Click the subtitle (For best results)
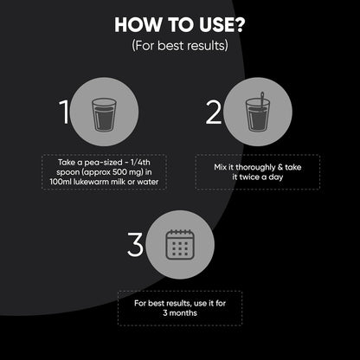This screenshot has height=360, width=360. coord(180,46)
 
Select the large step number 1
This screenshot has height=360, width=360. coord(64,112)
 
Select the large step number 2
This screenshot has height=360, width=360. coord(214,112)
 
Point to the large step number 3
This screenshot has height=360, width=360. coord(135,245)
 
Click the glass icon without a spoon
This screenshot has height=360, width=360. coord(104,115)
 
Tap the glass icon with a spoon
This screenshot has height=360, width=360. coord(257,112)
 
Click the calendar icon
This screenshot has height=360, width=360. coord(180,244)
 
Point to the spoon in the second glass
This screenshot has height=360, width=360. coord(262,101)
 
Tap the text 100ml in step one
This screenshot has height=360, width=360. coord(59,182)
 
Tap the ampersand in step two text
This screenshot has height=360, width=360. coord(280,167)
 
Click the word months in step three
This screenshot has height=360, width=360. coord(183,313)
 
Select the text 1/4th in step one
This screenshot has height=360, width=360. coord(140,162)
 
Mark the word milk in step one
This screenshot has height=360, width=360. coord(119,182)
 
